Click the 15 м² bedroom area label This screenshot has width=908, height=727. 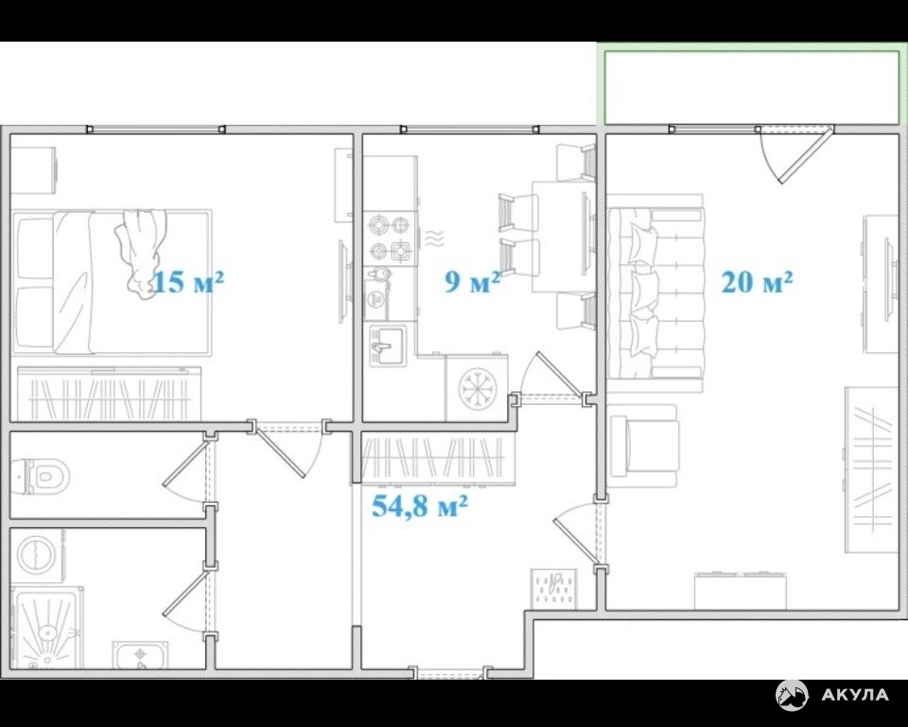click(188, 282)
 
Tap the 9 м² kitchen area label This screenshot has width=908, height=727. click(472, 282)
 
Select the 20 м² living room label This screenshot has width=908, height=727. click(757, 282)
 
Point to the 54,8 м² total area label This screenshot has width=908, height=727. click(419, 506)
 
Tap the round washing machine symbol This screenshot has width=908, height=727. click(38, 555)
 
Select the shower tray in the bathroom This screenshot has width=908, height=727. click(47, 628)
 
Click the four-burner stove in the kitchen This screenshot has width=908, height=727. click(391, 238)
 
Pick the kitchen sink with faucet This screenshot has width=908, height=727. click(387, 345)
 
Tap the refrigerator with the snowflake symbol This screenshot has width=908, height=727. click(477, 387)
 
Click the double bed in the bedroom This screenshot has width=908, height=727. click(112, 282)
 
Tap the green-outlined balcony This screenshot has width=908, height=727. click(752, 87)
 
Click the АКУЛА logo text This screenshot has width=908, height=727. click(855, 695)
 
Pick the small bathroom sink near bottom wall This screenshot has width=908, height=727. click(141, 655)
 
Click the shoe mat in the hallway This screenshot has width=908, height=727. click(554, 589)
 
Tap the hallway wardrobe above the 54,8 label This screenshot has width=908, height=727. click(438, 458)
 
